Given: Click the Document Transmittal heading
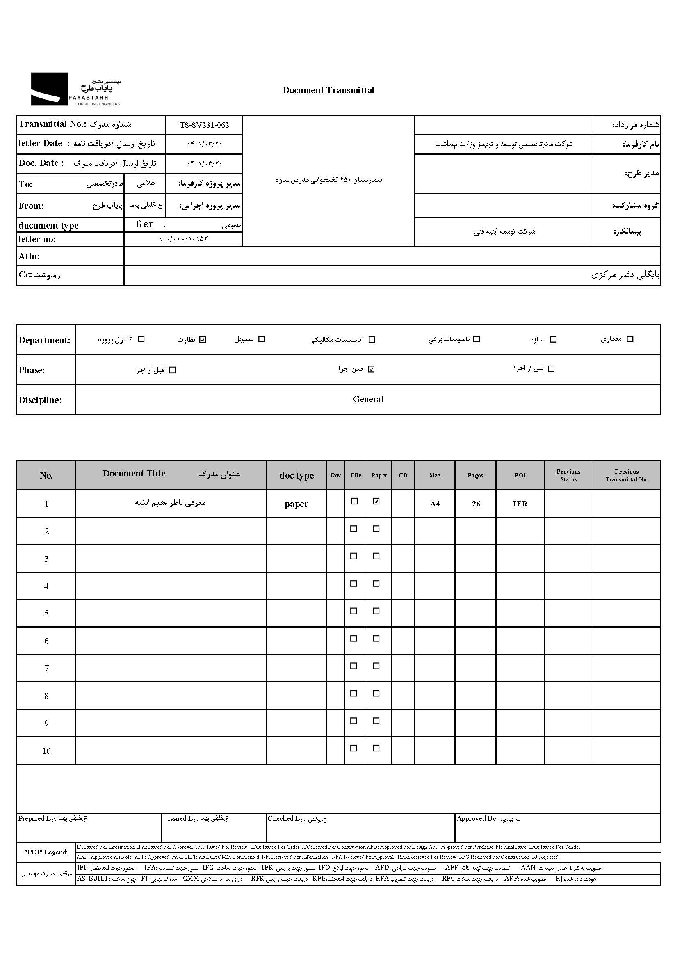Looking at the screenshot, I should click(x=328, y=90).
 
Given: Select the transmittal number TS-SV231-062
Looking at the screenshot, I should click(x=204, y=125).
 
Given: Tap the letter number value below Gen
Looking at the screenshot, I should click(x=183, y=239).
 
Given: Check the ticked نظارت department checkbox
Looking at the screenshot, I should click(x=203, y=339).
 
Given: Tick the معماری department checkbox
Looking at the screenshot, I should click(x=630, y=339).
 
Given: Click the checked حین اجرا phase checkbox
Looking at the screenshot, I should click(x=371, y=369).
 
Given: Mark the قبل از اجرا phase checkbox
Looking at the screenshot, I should click(x=173, y=370).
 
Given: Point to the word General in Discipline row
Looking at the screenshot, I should click(x=368, y=399).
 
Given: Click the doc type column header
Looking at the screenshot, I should click(x=296, y=475).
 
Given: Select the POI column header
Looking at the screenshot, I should click(x=520, y=475).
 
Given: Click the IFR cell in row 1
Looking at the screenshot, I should click(x=520, y=504).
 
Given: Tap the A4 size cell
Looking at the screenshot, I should click(x=434, y=504).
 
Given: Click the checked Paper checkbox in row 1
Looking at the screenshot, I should click(x=376, y=501).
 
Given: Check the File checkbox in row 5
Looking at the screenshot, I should click(x=354, y=611).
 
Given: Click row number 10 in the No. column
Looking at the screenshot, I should click(x=46, y=751).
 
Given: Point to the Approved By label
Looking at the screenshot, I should click(x=477, y=819).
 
